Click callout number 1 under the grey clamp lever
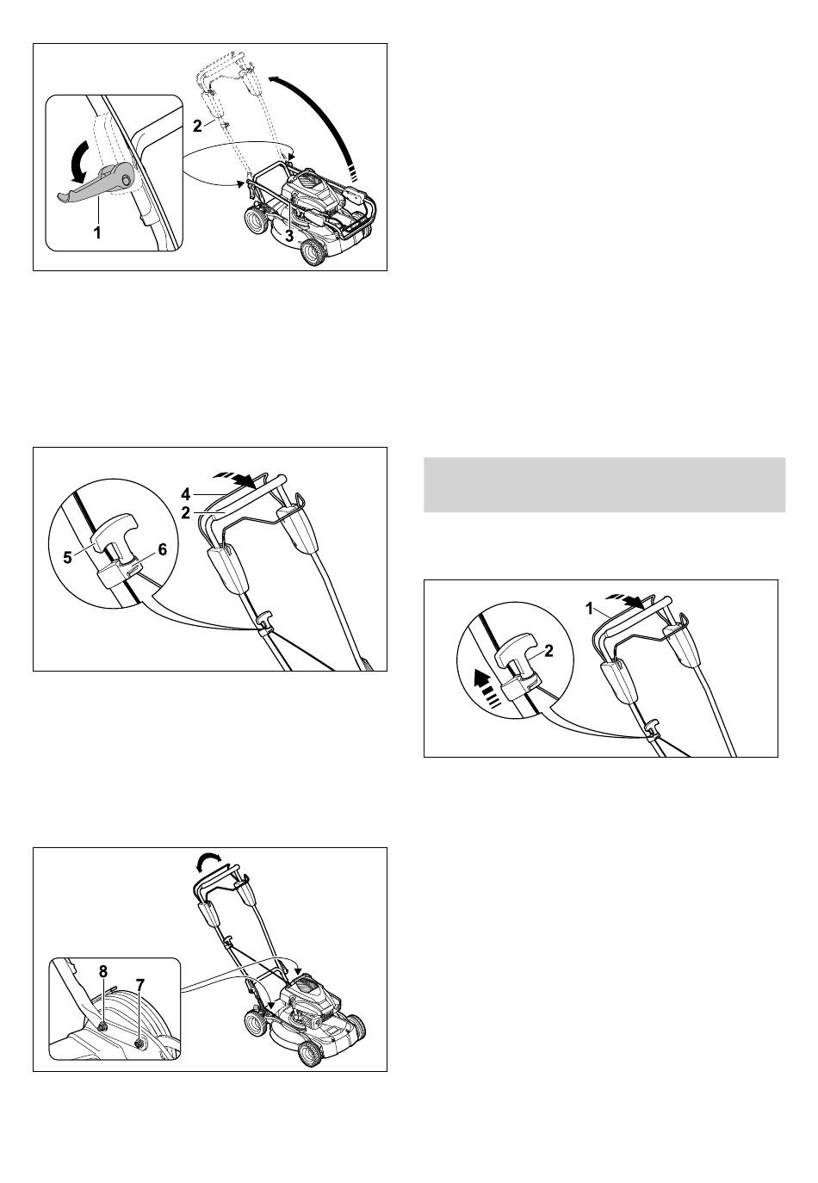(x=97, y=232)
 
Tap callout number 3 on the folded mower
(x=289, y=237)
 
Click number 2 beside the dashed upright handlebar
(x=197, y=127)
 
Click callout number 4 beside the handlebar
(x=185, y=494)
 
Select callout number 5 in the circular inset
(x=68, y=558)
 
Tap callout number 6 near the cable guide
(x=162, y=550)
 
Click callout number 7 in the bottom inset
(x=139, y=985)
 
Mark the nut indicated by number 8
(x=103, y=1026)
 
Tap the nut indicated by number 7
(x=140, y=1043)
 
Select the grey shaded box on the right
(x=604, y=484)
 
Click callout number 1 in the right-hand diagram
(x=589, y=609)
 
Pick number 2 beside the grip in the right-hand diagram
(x=548, y=651)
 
